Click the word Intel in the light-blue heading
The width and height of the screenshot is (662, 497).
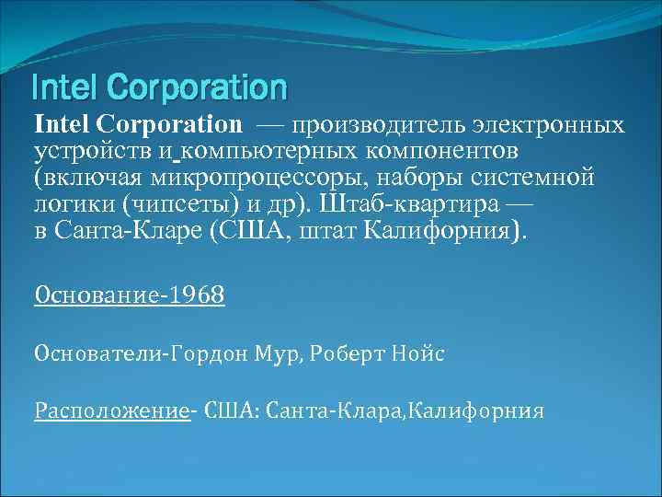[x=63, y=87]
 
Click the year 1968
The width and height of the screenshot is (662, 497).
[x=194, y=297]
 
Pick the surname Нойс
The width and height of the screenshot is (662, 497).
[x=418, y=354]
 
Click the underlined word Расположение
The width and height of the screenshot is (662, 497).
[x=111, y=410]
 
